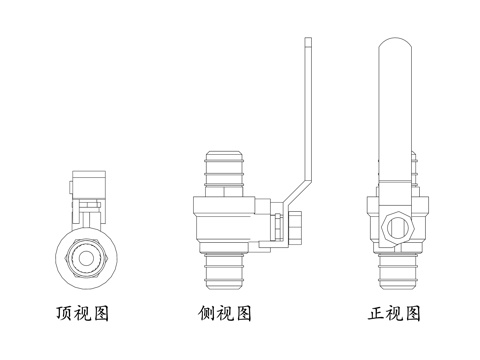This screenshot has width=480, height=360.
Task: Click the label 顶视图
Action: pos(82,313)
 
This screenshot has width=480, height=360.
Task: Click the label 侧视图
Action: pos(224,313)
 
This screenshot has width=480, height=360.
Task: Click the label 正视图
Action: pos(394,313)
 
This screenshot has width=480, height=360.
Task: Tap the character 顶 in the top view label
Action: pos(64,313)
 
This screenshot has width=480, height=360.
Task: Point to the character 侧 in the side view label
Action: pos(206,313)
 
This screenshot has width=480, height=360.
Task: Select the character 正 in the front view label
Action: pos(376,313)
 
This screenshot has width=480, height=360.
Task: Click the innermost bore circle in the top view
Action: pos(86,258)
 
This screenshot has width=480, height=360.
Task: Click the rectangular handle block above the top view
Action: pos(89,185)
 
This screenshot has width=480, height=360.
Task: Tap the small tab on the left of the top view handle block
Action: pos(71,187)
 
